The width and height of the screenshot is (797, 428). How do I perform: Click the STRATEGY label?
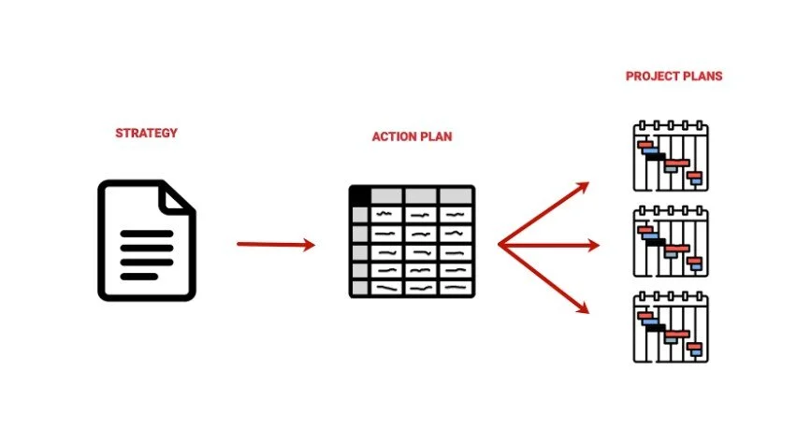coord(146,133)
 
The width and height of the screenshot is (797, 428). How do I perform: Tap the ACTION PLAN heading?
coord(412,136)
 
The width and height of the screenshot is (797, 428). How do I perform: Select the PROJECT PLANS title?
coord(674,76)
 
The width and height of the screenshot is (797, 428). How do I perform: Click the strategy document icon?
coord(147,240)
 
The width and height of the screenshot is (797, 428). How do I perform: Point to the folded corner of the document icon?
coord(178,196)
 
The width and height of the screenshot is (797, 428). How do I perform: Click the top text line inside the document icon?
coord(147,234)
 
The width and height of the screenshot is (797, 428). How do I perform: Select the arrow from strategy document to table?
coord(276,245)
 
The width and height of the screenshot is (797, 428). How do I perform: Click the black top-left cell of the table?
coord(359,195)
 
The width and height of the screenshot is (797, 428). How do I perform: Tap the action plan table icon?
coord(412,241)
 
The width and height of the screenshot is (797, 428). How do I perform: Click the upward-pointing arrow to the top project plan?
coord(546,211)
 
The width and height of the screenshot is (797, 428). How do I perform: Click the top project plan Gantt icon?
coord(670,155)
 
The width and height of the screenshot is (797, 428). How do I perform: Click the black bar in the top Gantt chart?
coord(653,155)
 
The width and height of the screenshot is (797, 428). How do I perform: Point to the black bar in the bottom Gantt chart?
coord(655,326)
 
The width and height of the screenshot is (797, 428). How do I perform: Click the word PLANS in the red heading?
coord(701,76)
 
